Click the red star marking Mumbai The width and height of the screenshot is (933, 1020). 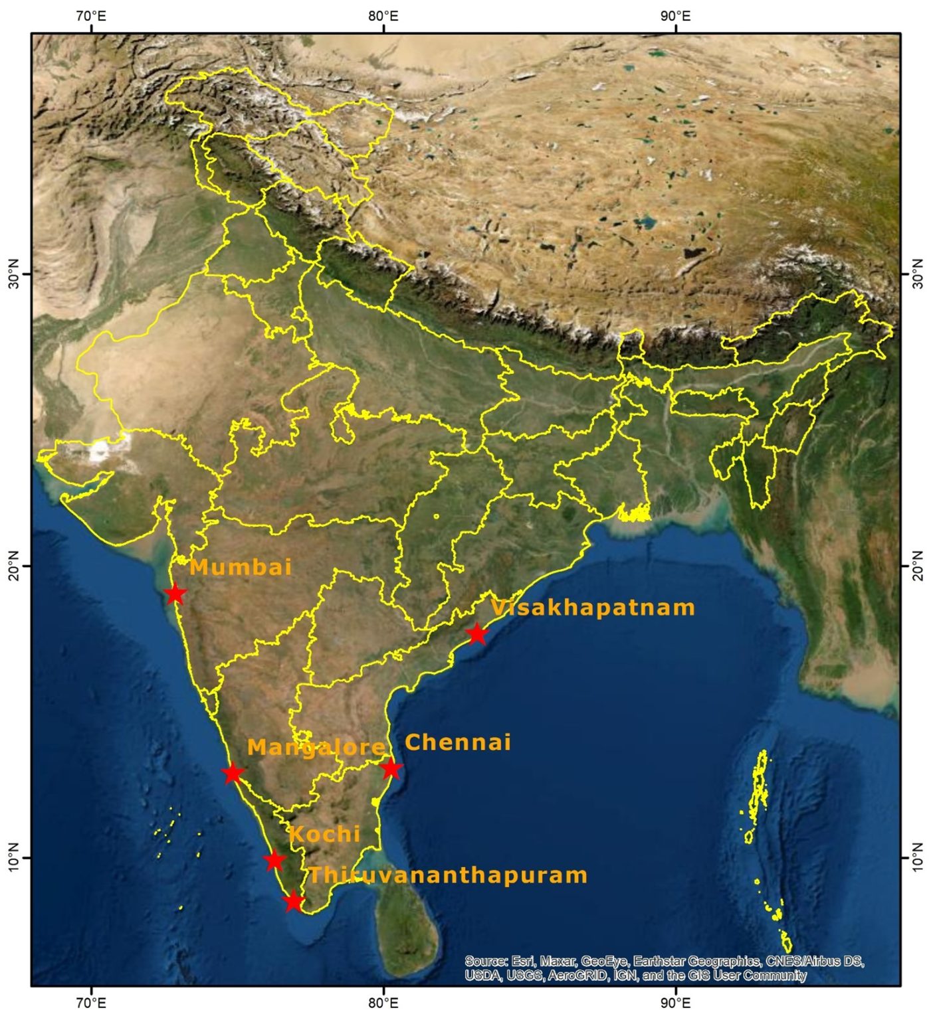click(175, 594)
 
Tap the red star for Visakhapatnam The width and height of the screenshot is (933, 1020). click(477, 634)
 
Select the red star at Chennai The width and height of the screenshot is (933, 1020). click(391, 769)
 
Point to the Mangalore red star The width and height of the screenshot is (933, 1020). click(233, 774)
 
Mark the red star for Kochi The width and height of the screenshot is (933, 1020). click(274, 861)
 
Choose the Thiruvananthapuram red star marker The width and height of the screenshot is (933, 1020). click(294, 902)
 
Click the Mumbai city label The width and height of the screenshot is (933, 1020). click(241, 567)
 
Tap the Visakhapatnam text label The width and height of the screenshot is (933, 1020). click(593, 608)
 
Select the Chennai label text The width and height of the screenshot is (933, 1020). click(458, 742)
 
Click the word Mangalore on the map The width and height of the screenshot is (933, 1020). click(316, 748)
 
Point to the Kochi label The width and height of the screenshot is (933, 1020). click(324, 834)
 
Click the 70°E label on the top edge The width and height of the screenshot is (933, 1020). click(90, 16)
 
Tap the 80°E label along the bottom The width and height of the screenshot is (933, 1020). click(383, 1002)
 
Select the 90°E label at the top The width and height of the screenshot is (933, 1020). click(675, 16)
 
